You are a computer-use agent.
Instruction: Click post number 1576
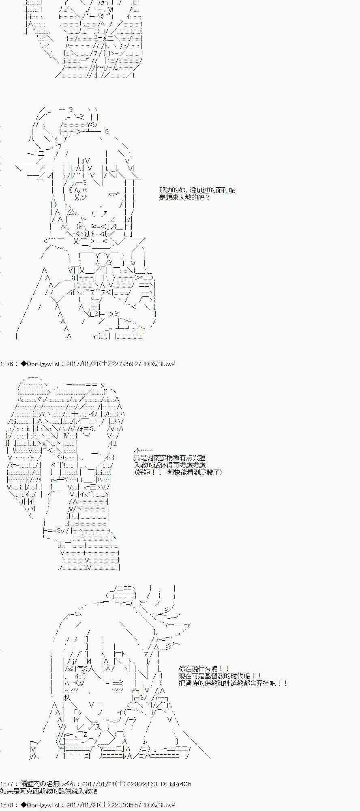(x=7, y=364)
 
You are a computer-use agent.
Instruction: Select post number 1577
(x=7, y=784)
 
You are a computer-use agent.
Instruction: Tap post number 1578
(x=7, y=805)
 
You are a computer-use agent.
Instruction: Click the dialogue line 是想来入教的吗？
(x=185, y=197)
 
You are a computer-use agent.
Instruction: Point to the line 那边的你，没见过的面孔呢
(x=197, y=190)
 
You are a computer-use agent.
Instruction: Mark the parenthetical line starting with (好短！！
(x=178, y=472)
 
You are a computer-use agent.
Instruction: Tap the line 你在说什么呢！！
(x=204, y=669)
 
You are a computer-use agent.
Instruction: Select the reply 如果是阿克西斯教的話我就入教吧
(x=49, y=791)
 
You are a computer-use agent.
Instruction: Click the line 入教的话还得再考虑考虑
(x=170, y=465)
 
